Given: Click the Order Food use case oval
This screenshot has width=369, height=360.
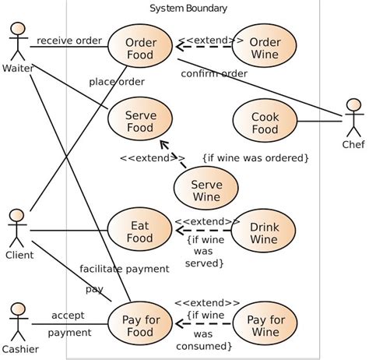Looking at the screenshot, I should click(141, 48).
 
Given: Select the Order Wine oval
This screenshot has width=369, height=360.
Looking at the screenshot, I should click(265, 48).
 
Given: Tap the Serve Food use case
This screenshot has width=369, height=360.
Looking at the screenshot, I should click(141, 122).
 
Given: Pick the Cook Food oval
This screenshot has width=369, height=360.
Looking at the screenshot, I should click(265, 122).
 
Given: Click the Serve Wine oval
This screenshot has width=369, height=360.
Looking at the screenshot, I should click(207, 191).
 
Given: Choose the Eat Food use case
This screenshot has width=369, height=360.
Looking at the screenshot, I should click(141, 231).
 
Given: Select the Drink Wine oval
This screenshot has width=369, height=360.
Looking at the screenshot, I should click(265, 231).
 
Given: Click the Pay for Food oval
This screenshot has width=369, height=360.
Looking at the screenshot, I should click(141, 325).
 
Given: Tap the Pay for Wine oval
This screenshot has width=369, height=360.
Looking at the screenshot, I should click(265, 325).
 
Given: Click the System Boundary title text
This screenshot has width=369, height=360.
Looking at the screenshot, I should click(188, 9).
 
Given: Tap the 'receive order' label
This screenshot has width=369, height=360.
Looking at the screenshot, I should click(69, 41).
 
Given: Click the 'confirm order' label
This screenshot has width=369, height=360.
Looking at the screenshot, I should click(214, 74).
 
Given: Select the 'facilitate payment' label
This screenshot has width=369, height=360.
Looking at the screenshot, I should click(124, 269).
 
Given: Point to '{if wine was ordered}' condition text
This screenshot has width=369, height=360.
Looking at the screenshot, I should click(255, 158).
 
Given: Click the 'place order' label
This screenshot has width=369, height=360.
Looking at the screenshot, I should click(117, 81).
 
